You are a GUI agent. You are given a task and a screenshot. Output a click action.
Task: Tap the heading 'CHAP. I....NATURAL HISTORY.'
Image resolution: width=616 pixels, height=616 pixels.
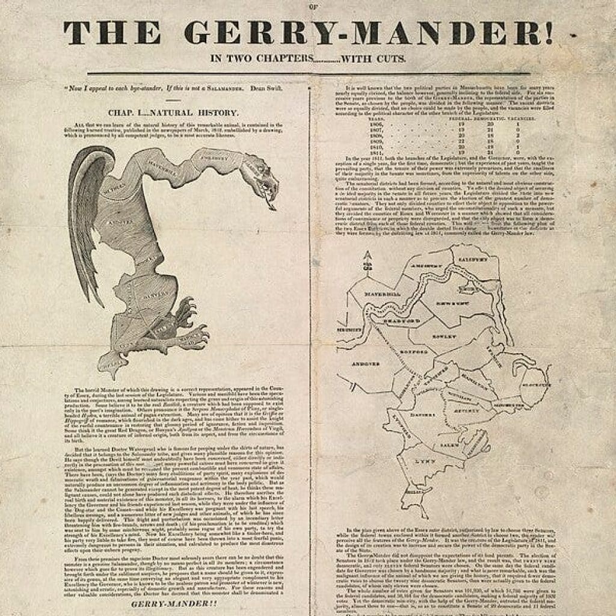tap(174, 112)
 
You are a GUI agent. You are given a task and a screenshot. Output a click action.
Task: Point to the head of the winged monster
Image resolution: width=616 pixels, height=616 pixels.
tap(262, 177)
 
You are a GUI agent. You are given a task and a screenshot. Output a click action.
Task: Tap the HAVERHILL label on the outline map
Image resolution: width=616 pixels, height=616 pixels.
tap(383, 294)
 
